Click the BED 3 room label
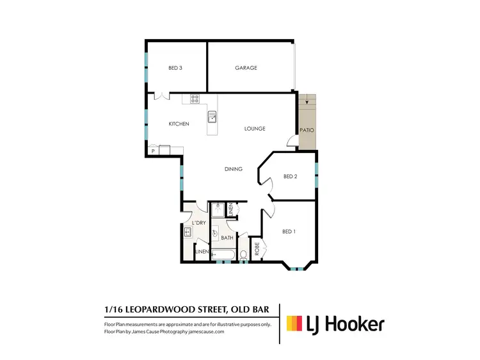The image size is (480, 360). pyautogui.click(x=176, y=68)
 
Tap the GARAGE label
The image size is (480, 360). pyautogui.click(x=246, y=68)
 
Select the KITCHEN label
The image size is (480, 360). pyautogui.click(x=179, y=124)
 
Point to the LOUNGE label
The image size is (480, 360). pyautogui.click(x=255, y=129)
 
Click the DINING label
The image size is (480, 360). pyautogui.click(x=233, y=169)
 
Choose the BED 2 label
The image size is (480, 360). pyautogui.click(x=291, y=177)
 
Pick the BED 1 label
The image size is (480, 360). pyautogui.click(x=289, y=231)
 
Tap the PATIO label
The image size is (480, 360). pyautogui.click(x=307, y=130)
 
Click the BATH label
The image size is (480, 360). pyautogui.click(x=227, y=238)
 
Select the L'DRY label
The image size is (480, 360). pyautogui.click(x=199, y=222)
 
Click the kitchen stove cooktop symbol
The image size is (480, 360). pyautogui.click(x=195, y=99)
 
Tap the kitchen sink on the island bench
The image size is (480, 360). pyautogui.click(x=212, y=117)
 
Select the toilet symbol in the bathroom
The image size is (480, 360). pyautogui.click(x=243, y=256)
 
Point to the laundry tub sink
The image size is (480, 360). pyautogui.click(x=189, y=232)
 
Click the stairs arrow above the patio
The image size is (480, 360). pyautogui.click(x=307, y=101)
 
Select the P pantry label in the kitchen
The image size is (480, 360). pyautogui.click(x=153, y=151)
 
